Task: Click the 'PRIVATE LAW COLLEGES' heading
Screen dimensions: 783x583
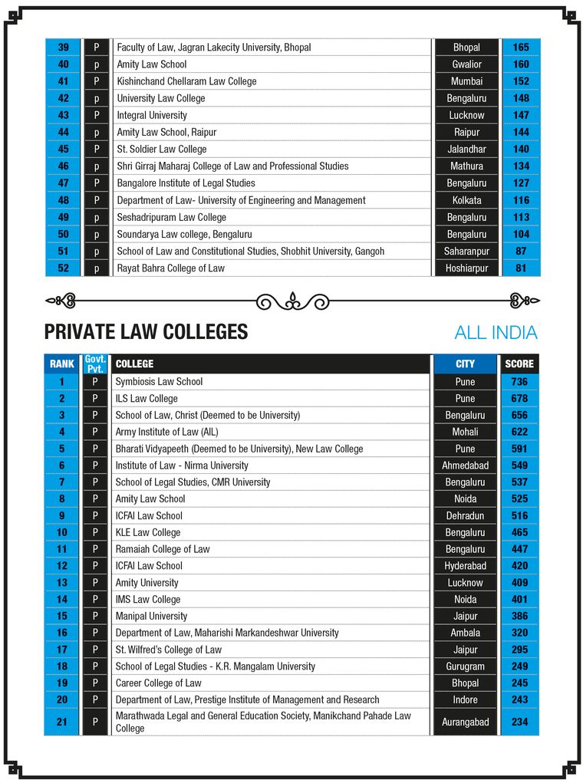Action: point(146,332)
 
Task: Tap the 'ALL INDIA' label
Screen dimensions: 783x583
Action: point(496,333)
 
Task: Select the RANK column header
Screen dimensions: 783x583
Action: point(62,364)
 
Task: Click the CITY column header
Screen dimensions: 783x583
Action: point(465,364)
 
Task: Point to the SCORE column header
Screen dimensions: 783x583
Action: point(519,364)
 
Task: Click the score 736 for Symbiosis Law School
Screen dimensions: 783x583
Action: point(519,381)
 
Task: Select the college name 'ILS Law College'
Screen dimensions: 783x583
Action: point(147,398)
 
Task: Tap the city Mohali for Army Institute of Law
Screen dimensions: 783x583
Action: point(465,432)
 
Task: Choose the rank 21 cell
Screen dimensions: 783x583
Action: point(62,722)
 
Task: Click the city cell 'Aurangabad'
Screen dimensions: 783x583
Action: point(465,722)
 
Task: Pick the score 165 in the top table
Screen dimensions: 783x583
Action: point(521,48)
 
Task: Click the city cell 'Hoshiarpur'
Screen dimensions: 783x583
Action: point(466,268)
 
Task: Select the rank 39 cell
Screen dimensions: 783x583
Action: point(63,48)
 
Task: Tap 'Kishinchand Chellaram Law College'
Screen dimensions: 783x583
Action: point(186,81)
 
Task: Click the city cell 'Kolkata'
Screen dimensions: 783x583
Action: point(466,200)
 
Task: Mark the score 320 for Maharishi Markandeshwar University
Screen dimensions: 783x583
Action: point(519,633)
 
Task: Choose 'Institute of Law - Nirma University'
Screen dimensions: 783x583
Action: point(182,466)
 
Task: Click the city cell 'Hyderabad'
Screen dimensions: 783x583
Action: point(465,566)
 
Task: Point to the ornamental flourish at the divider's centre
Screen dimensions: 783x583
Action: point(292,300)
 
